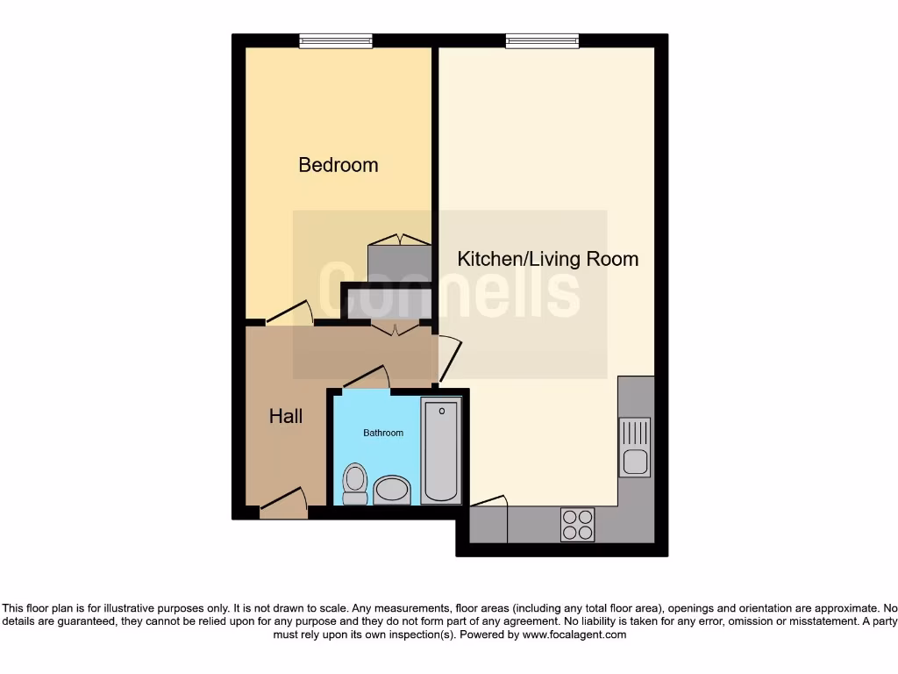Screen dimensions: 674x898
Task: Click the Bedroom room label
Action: pos(338,164)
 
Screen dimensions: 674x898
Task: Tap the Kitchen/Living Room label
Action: pos(548,259)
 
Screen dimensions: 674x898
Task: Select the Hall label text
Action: pos(286,416)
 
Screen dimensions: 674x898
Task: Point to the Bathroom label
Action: pos(383,433)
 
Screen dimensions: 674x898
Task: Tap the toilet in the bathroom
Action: pos(354,484)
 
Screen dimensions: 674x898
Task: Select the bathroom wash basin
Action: pos(391,491)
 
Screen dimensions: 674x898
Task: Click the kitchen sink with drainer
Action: pos(634,447)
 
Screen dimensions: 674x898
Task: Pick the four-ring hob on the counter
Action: pos(576,525)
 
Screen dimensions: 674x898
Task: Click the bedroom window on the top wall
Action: pos(335,40)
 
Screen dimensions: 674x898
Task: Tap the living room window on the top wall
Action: pos(542,40)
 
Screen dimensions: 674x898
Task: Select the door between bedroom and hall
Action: pos(289,314)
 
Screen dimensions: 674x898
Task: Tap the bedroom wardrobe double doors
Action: pos(400,240)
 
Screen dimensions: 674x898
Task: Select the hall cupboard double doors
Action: pos(395,328)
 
